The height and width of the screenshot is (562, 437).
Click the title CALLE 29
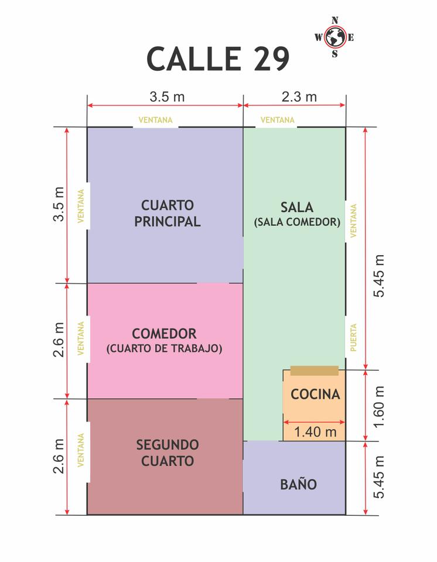[218, 59]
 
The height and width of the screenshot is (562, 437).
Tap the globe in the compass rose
[335, 37]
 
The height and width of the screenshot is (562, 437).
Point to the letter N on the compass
[334, 20]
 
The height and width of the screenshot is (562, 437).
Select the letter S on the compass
[334, 54]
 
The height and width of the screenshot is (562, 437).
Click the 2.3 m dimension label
[299, 97]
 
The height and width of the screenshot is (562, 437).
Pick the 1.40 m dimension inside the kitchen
[315, 432]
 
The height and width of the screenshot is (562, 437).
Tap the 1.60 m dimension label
[379, 407]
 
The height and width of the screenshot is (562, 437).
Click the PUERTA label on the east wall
[353, 337]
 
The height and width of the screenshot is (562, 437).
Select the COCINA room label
[315, 394]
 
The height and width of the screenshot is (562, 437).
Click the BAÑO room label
[299, 484]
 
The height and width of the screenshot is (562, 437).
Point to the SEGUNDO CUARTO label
[168, 453]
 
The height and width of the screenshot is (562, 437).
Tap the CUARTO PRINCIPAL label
[167, 213]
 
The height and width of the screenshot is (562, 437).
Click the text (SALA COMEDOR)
[297, 222]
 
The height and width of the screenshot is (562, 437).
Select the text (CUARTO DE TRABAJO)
[165, 348]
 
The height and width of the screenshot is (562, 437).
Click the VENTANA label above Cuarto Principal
[155, 120]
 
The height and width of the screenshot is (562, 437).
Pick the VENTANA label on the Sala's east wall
[353, 221]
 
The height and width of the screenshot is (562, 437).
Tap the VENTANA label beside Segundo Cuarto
[81, 450]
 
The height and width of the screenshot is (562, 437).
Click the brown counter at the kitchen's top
[315, 371]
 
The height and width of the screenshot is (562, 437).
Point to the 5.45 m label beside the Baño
[379, 477]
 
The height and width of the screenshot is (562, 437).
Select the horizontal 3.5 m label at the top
[167, 97]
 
